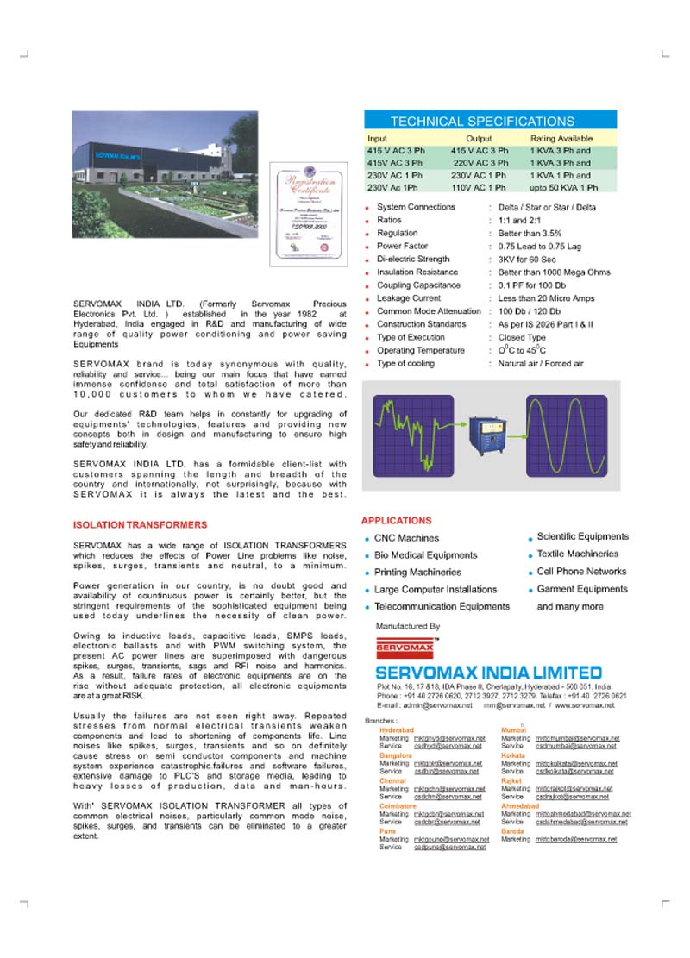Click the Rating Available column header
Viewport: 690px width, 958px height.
561,138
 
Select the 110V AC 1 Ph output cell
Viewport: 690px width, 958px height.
479,187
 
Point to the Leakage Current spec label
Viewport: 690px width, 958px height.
409,298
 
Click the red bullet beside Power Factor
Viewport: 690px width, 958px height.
368,247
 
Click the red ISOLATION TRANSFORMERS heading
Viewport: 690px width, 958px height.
141,524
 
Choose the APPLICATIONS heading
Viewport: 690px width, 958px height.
396,521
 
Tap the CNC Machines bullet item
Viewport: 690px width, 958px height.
406,538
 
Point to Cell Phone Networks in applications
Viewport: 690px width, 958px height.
581,571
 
